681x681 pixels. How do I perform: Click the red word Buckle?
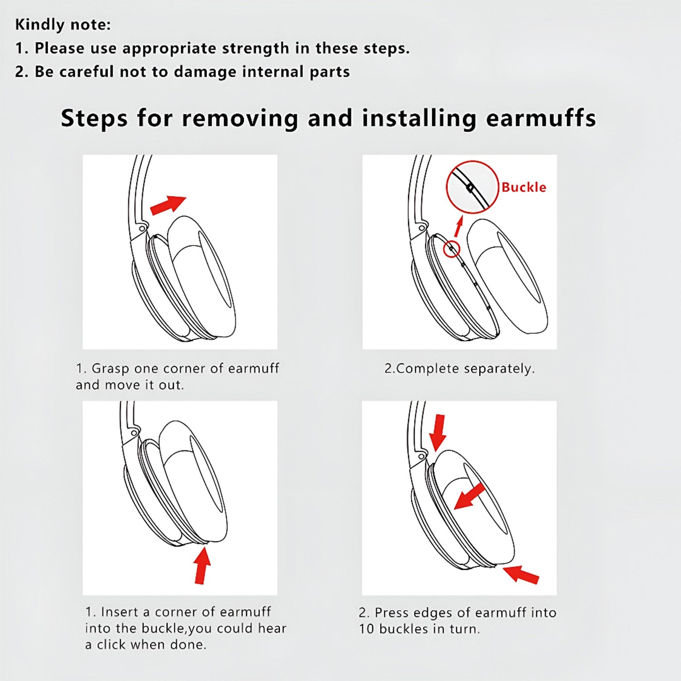point(523,187)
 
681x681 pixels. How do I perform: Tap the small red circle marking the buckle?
point(452,249)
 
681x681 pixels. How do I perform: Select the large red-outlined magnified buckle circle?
point(472,187)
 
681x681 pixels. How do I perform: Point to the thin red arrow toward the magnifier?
point(459,226)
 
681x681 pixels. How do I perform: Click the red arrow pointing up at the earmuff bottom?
point(202,565)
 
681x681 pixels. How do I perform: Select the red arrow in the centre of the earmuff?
point(470,496)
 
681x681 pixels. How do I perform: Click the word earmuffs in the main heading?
point(541,118)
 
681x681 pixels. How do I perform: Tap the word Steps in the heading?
point(94,118)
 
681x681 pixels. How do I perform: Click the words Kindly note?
point(63,25)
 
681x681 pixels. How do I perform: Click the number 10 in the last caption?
point(366,629)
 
